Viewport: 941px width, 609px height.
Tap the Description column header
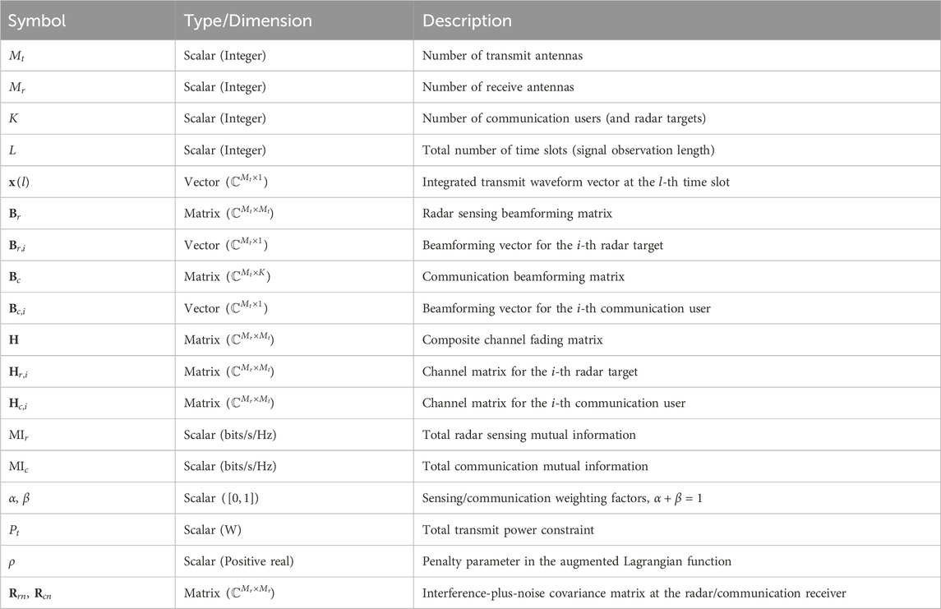click(x=467, y=21)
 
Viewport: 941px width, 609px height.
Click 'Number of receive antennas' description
click(x=498, y=87)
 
